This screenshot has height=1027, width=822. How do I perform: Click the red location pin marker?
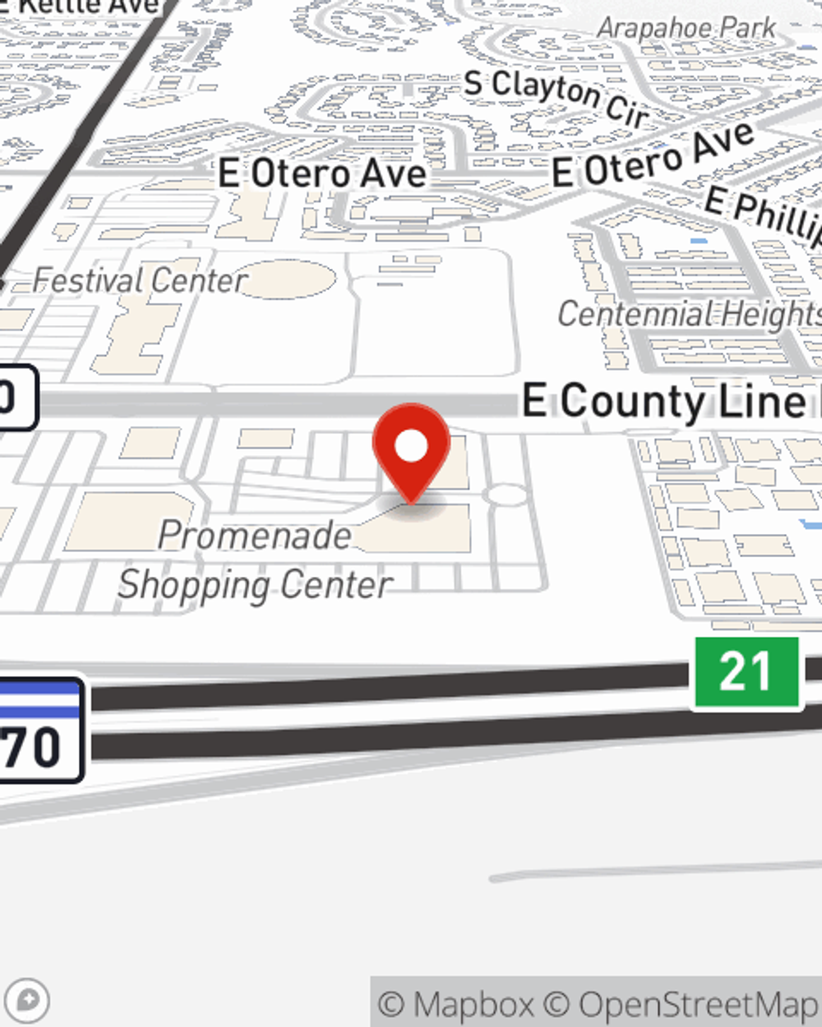411,452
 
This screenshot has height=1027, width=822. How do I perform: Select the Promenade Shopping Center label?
255,560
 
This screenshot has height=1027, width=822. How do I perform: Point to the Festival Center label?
140,281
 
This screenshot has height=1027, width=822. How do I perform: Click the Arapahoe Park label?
686,29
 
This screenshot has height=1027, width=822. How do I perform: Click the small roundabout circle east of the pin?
509,495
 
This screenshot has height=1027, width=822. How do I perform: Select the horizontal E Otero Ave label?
322,173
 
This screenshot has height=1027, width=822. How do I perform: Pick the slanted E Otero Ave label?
653,156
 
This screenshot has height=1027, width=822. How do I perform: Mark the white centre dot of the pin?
411,446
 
